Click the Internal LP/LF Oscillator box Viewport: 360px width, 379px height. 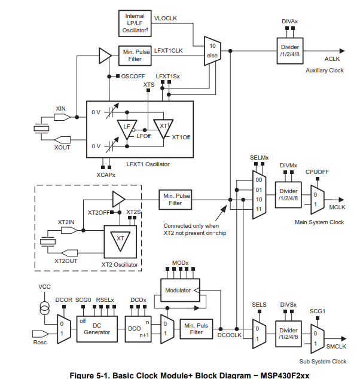pyautogui.click(x=135, y=23)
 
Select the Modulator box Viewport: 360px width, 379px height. pyautogui.click(x=179, y=290)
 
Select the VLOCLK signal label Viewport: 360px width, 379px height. pyautogui.click(x=166, y=19)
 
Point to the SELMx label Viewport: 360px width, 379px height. pyautogui.click(x=259, y=157)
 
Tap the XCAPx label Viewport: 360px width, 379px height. pyautogui.click(x=106, y=175)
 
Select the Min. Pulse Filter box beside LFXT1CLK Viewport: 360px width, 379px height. pyautogui.click(x=135, y=56)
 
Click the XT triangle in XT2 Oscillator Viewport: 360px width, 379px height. pyautogui.click(x=120, y=240)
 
